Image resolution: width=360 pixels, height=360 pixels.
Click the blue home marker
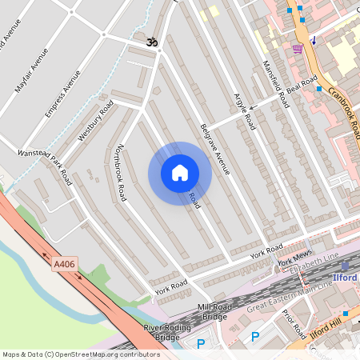pos(180,173)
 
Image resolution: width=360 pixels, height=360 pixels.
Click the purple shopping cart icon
pos(298,49)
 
